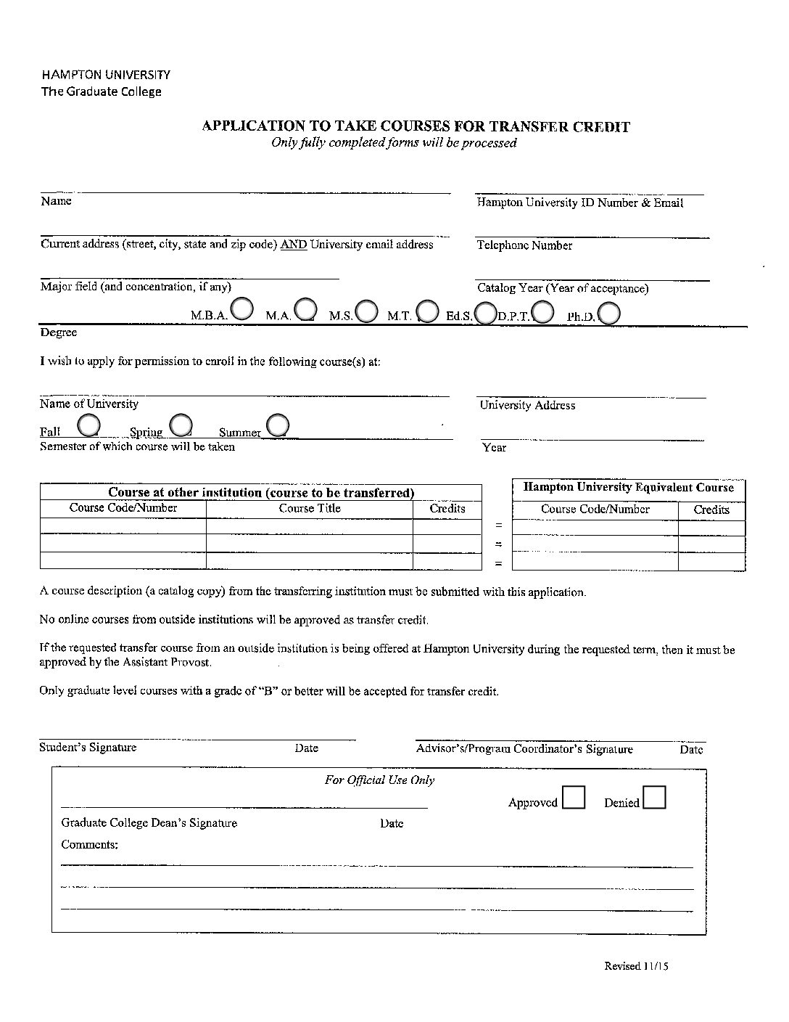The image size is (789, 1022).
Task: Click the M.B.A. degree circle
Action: click(241, 309)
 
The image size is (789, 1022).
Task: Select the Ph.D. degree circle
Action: click(609, 313)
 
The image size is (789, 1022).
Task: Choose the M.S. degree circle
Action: click(367, 311)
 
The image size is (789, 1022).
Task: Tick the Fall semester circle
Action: click(88, 425)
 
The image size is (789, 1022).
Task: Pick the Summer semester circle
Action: click(278, 425)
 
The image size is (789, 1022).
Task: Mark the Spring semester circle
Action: click(181, 425)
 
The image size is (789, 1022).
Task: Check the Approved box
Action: click(574, 798)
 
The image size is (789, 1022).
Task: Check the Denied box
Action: click(654, 798)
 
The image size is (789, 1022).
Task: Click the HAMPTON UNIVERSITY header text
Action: click(106, 75)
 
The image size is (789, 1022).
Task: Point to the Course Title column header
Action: click(310, 509)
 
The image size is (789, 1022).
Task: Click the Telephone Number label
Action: click(524, 245)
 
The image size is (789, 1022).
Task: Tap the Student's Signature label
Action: click(88, 748)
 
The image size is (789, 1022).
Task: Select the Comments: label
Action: click(89, 845)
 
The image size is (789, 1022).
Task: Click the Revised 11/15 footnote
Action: click(636, 966)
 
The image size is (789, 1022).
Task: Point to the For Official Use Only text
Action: click(379, 780)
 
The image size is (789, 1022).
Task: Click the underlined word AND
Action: click(294, 245)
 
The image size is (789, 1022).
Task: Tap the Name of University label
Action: click(88, 404)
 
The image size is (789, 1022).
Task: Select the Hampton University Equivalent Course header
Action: click(629, 488)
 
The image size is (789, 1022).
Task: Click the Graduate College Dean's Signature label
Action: click(149, 823)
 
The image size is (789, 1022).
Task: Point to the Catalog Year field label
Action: click(563, 288)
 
